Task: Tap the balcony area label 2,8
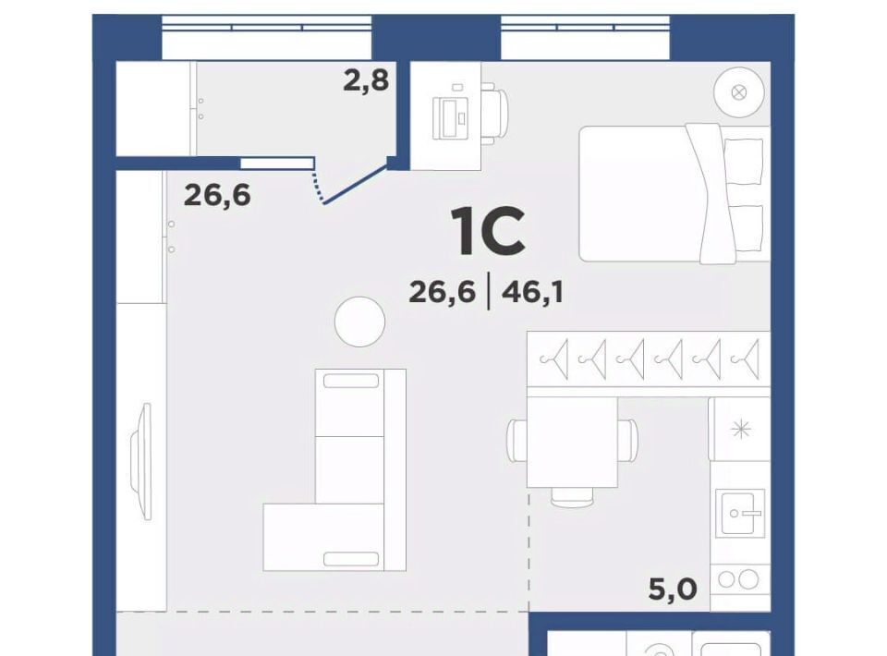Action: point(366,79)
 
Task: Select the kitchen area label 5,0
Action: point(673,589)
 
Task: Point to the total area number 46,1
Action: point(532,292)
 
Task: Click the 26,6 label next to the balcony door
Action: point(217,196)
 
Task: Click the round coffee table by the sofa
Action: point(359,322)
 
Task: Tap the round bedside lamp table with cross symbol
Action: point(739,92)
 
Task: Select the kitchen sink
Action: point(740,513)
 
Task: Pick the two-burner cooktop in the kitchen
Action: point(740,579)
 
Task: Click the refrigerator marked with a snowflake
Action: point(739,430)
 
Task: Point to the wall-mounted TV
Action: point(142,461)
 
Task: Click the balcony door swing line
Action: point(355,184)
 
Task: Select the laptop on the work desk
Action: point(451,118)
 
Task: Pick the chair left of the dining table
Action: point(517,441)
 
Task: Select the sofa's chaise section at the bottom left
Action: point(323,537)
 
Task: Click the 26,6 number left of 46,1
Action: point(442,292)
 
